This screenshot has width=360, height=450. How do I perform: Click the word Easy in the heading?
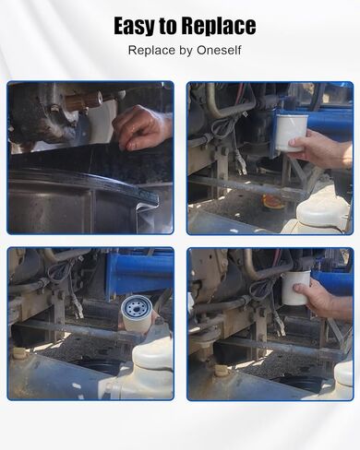[x=135, y=26]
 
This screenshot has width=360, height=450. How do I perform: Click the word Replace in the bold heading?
[x=218, y=26]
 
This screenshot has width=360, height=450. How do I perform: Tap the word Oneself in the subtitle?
[x=219, y=50]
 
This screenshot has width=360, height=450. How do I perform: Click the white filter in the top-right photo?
[x=291, y=133]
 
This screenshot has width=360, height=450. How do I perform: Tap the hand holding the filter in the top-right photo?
[x=323, y=148]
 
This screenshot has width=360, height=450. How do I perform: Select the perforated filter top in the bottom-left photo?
[x=136, y=307]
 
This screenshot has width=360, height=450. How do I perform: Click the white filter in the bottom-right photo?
[x=296, y=288]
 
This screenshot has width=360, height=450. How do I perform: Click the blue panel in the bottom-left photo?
[x=139, y=273]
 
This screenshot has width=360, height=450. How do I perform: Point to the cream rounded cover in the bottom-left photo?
[x=153, y=354]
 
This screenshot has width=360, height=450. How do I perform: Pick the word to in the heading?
[x=168, y=27]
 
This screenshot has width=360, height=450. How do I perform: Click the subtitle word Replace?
[x=151, y=51]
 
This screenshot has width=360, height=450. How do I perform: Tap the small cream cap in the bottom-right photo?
[x=220, y=370]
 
